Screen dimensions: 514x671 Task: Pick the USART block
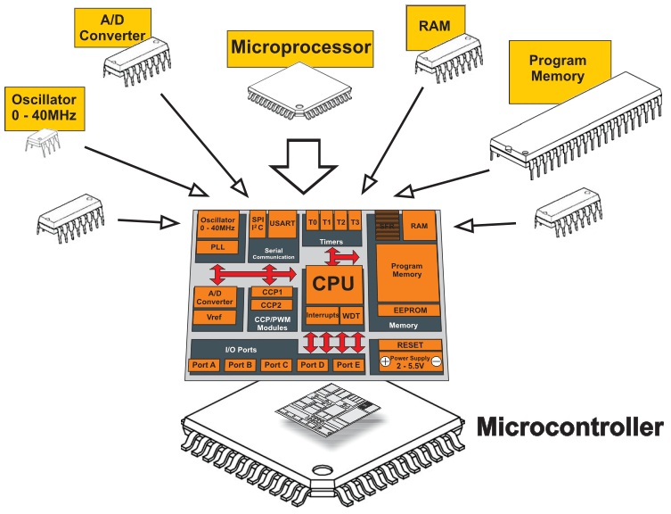[283, 222]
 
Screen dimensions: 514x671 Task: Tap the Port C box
[277, 365]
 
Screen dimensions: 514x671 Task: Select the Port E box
[348, 365]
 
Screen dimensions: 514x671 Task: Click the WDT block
[351, 316]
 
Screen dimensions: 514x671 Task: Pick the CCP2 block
[272, 305]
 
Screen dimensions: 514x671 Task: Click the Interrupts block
[322, 316]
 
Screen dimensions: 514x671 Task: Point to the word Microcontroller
[569, 427]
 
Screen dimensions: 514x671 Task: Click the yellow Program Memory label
[557, 69]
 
